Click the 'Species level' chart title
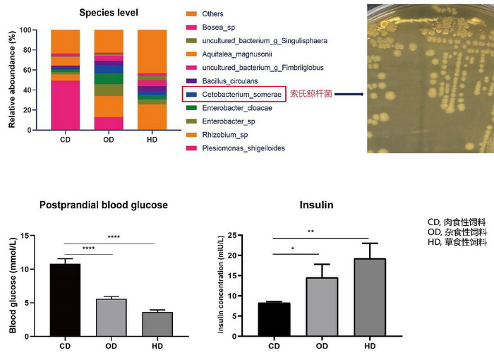(x=109, y=13)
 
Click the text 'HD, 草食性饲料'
(x=457, y=243)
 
